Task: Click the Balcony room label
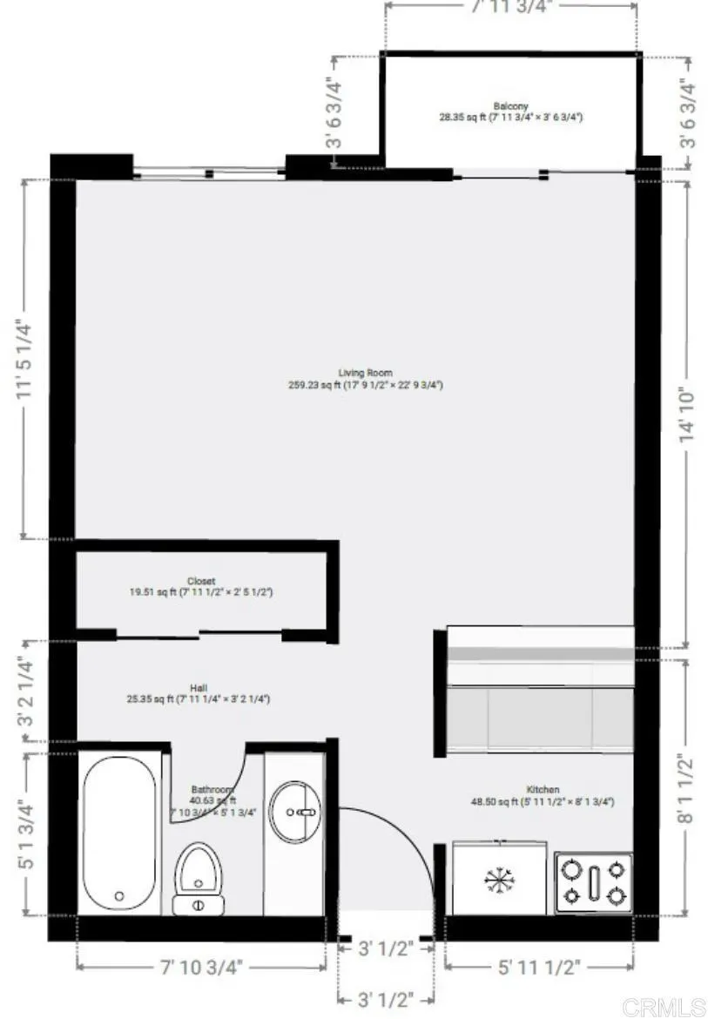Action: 510,105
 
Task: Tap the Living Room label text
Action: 366,373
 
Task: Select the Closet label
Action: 201,581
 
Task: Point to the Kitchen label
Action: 543,789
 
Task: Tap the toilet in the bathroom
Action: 199,875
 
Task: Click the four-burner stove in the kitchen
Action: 593,881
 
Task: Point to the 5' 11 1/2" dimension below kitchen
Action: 539,966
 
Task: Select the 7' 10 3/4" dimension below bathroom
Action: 201,966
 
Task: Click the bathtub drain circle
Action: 119,895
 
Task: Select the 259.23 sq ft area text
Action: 366,384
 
